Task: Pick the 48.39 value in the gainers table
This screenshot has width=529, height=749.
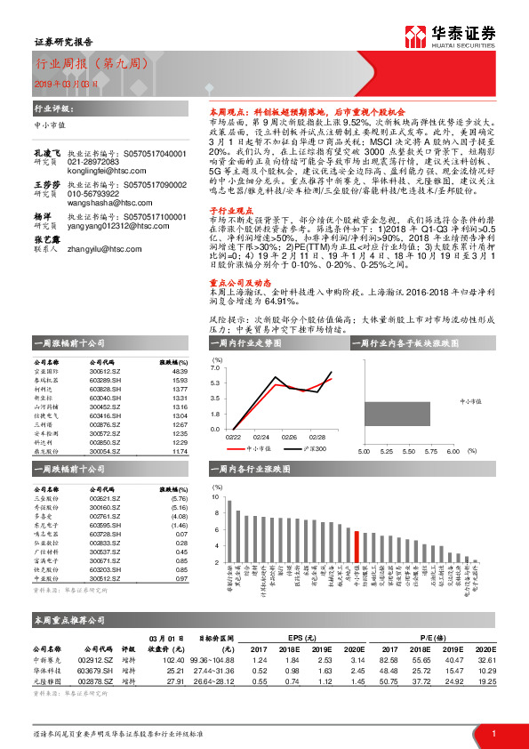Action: pyautogui.click(x=180, y=370)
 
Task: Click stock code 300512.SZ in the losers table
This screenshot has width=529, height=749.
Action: pyautogui.click(x=105, y=579)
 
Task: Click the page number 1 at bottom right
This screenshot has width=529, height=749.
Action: pyautogui.click(x=493, y=733)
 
